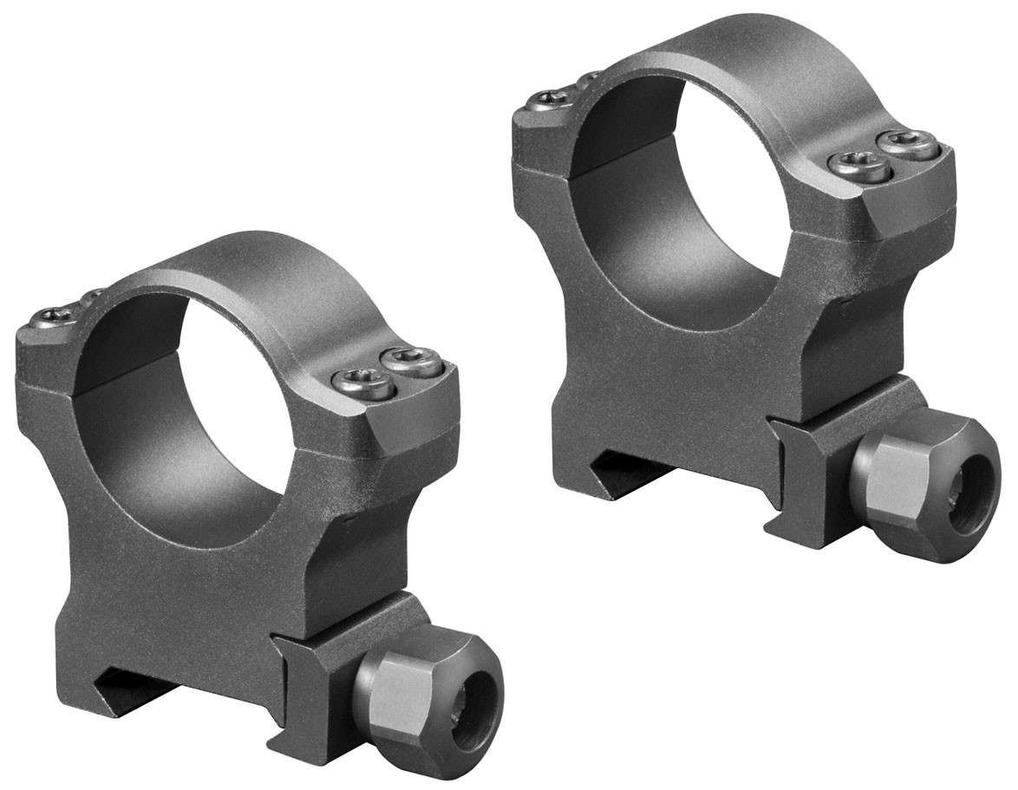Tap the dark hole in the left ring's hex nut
click(x=475, y=694)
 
